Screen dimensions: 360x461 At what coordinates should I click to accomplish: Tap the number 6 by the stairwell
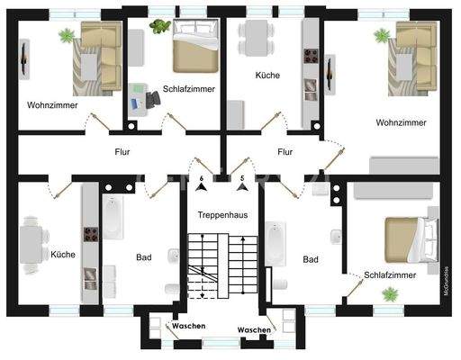(202, 179)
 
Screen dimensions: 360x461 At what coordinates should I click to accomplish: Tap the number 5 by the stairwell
(241, 179)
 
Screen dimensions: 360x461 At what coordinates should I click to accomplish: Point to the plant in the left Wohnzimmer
(67, 36)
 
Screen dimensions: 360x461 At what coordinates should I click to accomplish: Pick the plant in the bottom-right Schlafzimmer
(390, 293)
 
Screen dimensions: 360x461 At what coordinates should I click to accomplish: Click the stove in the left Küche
(90, 235)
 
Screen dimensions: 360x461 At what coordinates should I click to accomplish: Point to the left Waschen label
(189, 325)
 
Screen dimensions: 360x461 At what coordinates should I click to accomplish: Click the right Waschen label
(254, 330)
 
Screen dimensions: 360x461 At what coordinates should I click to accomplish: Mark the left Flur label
(123, 152)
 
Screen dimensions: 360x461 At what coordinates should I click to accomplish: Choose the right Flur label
(285, 152)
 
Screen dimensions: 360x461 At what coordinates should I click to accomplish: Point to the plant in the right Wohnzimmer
(382, 36)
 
